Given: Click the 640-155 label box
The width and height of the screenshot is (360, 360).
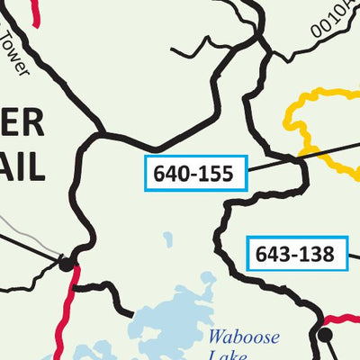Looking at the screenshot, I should [195, 174].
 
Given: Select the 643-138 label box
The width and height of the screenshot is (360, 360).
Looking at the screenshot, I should [295, 254].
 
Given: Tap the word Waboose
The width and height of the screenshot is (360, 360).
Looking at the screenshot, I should [239, 337].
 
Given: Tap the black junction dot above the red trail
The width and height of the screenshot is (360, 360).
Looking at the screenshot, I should [66, 265].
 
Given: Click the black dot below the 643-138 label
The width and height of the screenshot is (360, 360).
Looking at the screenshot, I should [326, 334].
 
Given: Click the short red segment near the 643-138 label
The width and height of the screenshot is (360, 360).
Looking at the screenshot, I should [342, 319].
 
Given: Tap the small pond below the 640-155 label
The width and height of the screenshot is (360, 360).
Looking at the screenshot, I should [168, 240].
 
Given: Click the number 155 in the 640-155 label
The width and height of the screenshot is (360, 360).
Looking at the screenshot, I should [218, 174].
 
